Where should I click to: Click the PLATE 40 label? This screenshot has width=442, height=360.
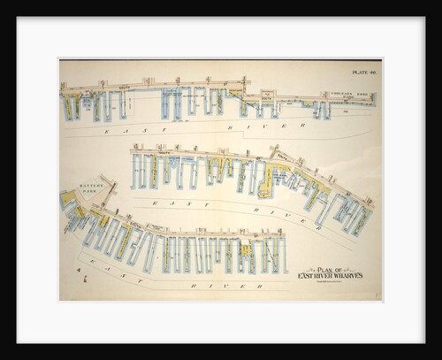pos(362,73)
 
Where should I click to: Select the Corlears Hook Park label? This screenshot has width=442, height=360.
pos(343,95)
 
